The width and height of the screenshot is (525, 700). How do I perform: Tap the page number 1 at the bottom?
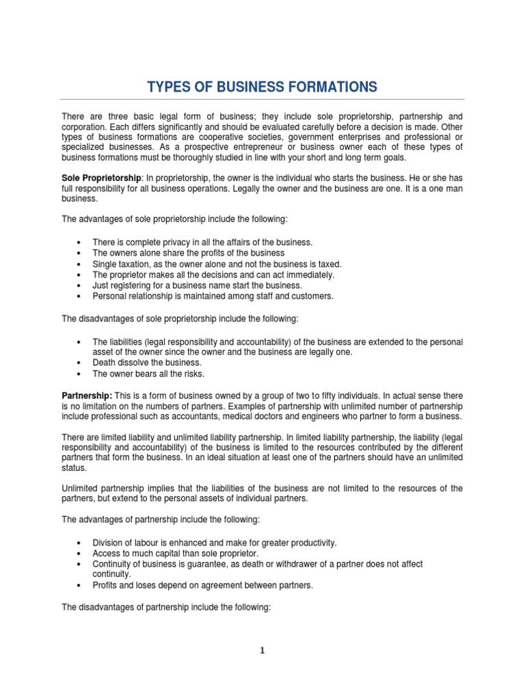[262, 651]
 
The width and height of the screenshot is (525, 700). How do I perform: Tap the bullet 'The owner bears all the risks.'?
[148, 374]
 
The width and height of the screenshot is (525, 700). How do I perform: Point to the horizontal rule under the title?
[262, 100]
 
